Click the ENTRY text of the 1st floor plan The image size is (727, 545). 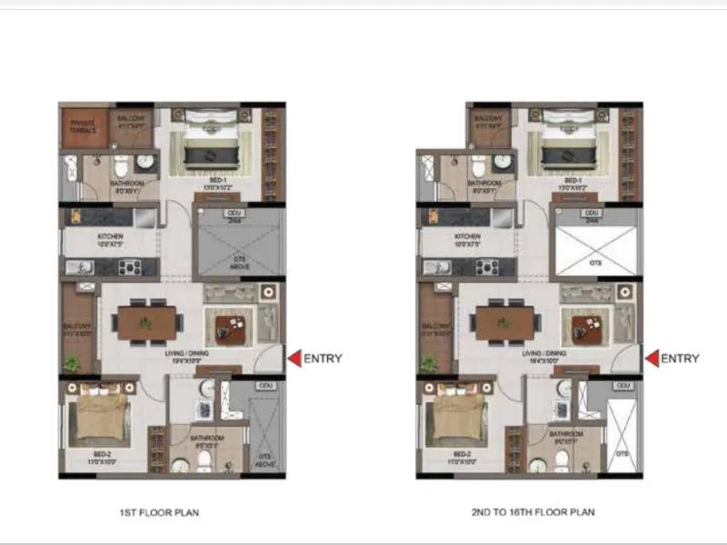(x=323, y=358)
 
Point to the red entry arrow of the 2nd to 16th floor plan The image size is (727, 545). (x=651, y=358)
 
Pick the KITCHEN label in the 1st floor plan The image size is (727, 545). (x=112, y=238)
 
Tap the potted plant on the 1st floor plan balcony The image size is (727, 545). (x=72, y=362)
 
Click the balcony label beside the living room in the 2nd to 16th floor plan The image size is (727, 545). (x=435, y=329)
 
